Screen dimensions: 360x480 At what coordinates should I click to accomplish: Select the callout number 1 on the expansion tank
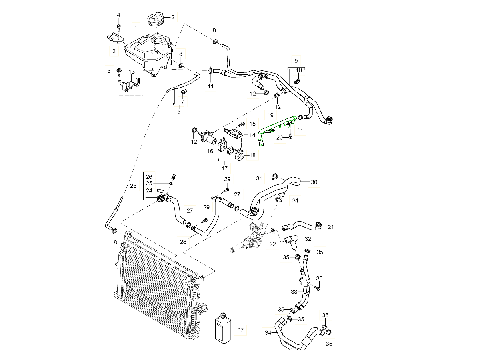click(x=136, y=28)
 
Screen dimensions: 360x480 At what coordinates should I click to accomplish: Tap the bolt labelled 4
click(x=119, y=28)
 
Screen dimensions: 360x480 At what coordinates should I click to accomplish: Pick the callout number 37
click(x=240, y=330)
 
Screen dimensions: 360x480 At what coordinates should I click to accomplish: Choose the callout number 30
click(x=314, y=182)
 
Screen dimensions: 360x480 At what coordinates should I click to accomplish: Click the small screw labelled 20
click(x=291, y=137)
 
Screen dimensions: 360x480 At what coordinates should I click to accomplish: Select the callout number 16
click(x=210, y=151)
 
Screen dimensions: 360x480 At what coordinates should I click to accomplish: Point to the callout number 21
click(x=330, y=227)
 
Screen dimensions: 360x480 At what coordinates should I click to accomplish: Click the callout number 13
click(x=130, y=72)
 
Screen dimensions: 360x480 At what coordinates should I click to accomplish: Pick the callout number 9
click(x=296, y=60)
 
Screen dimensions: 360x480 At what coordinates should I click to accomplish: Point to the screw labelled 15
click(x=242, y=124)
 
